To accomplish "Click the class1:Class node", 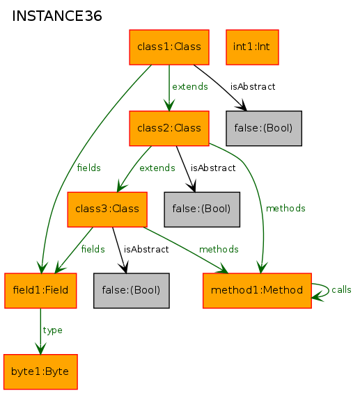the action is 169,47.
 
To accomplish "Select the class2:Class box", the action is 169,128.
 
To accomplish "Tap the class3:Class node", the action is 107,209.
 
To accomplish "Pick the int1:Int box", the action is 252,47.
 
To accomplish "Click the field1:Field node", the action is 40,291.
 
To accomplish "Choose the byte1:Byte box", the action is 40,372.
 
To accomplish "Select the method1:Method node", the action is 257,291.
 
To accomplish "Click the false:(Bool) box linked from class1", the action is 264,128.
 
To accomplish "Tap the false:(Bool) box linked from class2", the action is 202,209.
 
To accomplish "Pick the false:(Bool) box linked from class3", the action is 132,291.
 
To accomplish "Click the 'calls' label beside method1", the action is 341,290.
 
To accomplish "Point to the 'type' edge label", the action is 52,330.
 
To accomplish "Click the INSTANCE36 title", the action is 57,16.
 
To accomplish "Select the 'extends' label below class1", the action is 190,87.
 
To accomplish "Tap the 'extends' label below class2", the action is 157,168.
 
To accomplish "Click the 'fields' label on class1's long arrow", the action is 89,168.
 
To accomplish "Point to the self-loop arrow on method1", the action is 329,291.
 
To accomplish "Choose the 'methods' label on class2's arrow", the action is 285,209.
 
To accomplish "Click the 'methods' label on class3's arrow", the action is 219,250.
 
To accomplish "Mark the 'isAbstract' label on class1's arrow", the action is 253,87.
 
